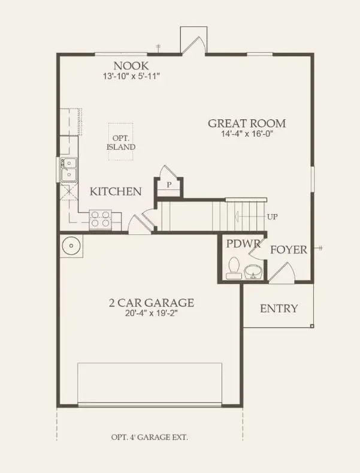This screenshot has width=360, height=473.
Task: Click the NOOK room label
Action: click(131, 66)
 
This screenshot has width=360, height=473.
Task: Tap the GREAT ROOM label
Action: click(246, 123)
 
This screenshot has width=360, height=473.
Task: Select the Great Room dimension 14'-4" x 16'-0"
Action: click(246, 134)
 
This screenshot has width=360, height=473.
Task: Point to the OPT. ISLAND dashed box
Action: click(121, 141)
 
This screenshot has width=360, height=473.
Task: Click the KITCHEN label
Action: click(116, 192)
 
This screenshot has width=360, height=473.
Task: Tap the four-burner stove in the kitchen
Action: click(100, 219)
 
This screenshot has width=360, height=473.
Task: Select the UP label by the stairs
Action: click(272, 216)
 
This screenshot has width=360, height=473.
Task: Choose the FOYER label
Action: click(288, 249)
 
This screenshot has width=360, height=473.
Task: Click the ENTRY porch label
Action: click(279, 309)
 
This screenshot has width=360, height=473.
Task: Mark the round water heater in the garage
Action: click(72, 246)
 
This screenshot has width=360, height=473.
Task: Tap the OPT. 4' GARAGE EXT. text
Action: click(149, 437)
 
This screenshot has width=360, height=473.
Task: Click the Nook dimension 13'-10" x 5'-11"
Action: click(131, 77)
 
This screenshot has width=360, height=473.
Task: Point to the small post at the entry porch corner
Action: click(312, 326)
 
